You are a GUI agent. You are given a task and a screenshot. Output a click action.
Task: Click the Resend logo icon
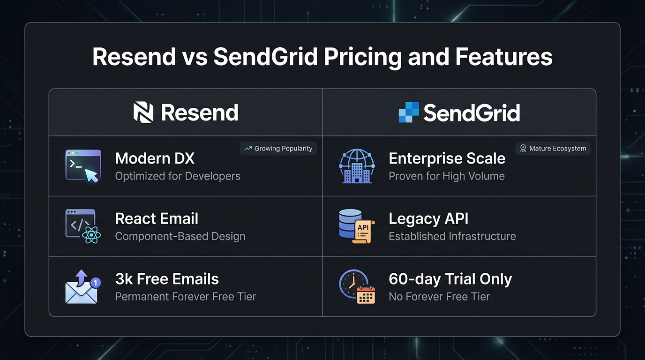[x=143, y=112]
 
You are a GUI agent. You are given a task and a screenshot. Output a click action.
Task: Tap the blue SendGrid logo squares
[x=408, y=112]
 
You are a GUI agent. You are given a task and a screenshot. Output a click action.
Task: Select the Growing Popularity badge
[x=278, y=149]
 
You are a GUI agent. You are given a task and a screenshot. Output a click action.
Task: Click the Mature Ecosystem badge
[x=553, y=149]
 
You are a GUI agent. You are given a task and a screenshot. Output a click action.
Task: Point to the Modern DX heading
[x=155, y=158]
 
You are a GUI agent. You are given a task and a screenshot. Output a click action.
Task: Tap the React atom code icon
[x=83, y=226]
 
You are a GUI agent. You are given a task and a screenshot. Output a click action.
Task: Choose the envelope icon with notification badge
[x=82, y=286]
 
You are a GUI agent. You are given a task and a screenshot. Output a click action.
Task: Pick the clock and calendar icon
[x=357, y=286]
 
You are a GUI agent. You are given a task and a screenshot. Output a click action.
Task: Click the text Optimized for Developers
[x=178, y=176]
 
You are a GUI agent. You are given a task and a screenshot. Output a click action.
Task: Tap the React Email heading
[x=157, y=219]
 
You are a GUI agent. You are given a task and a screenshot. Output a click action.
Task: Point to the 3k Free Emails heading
[x=167, y=279]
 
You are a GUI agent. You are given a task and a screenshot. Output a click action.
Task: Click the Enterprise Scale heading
[x=447, y=158]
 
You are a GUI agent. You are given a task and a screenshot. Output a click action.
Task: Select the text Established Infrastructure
[x=452, y=236]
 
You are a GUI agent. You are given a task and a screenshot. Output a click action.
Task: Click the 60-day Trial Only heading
[x=450, y=279]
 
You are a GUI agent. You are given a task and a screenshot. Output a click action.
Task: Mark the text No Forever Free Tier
[x=439, y=297]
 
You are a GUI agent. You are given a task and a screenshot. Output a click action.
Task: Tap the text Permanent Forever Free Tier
[x=186, y=297]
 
